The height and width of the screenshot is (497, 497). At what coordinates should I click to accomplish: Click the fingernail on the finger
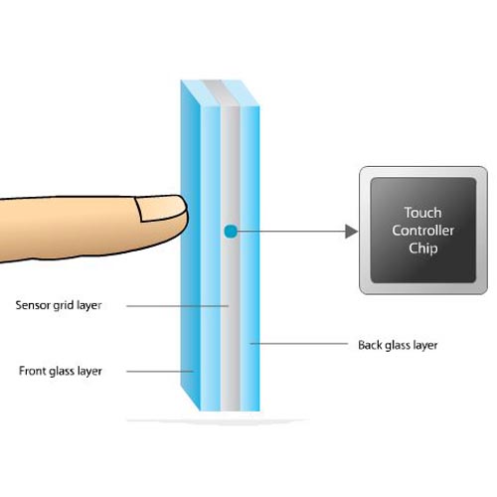click(161, 208)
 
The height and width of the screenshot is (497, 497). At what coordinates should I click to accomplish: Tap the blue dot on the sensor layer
click(231, 232)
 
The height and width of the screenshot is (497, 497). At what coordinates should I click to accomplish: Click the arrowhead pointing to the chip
click(351, 232)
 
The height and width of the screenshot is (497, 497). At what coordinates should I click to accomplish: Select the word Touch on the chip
click(422, 213)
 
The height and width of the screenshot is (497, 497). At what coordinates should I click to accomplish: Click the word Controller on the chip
click(422, 231)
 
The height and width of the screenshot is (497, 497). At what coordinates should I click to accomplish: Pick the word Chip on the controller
click(423, 248)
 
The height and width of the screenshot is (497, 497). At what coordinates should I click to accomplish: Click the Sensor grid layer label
click(59, 305)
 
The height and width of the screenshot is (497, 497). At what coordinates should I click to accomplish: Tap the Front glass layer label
click(61, 371)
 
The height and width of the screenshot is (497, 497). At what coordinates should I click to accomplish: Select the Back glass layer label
click(398, 345)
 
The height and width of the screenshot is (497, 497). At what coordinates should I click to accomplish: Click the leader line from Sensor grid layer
click(178, 306)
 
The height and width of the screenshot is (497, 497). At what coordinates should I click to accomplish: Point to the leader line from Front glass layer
click(160, 372)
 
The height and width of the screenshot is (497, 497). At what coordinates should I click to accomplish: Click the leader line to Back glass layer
click(299, 344)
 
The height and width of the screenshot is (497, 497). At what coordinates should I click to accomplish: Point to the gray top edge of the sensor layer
click(221, 93)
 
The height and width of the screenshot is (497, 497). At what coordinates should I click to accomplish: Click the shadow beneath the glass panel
click(219, 420)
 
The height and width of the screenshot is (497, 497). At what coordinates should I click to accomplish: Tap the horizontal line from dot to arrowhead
click(291, 232)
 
